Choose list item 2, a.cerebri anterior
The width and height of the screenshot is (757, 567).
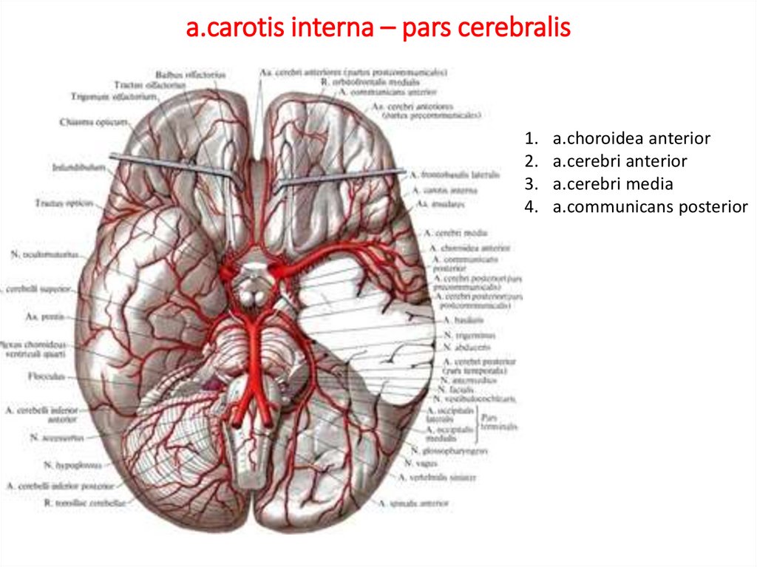pos(619,161)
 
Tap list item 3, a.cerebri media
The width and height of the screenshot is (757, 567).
pos(612,184)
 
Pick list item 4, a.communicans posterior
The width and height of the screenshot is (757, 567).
pos(650,207)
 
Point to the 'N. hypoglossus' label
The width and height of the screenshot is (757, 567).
pos(68,467)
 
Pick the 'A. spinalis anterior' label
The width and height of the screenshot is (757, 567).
pos(413,503)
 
